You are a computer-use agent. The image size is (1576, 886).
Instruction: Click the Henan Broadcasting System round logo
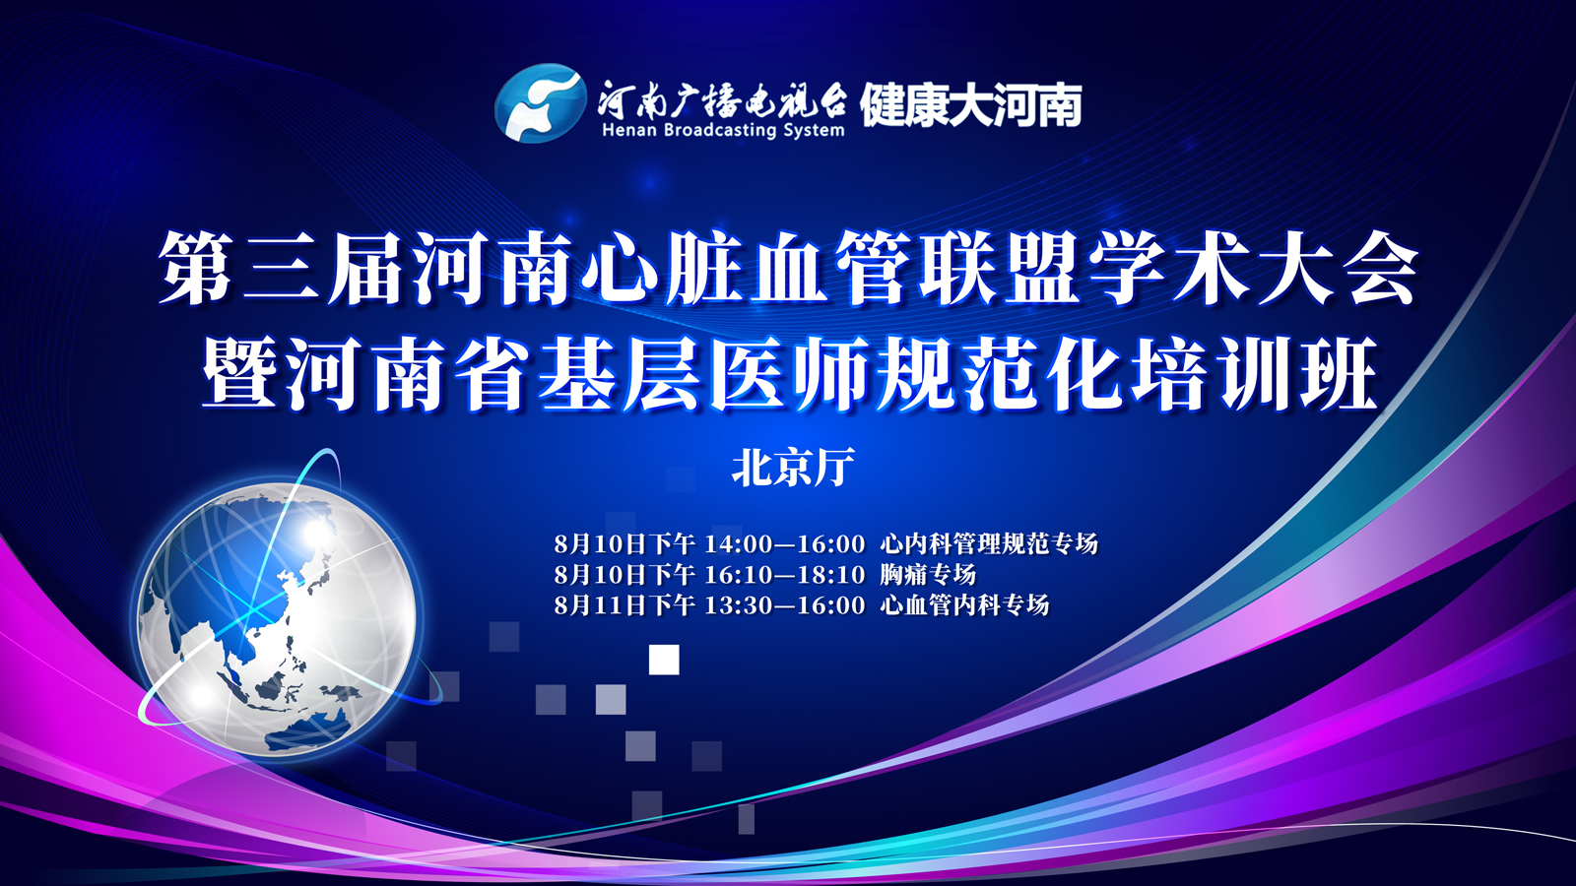pyautogui.click(x=541, y=103)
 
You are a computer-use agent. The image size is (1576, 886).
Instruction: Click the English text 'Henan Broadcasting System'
pyautogui.click(x=723, y=130)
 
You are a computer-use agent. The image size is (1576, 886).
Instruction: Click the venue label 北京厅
pyautogui.click(x=793, y=467)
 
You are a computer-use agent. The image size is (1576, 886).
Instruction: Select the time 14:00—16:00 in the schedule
pyautogui.click(x=784, y=543)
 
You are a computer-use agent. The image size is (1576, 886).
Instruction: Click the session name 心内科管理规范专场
pyautogui.click(x=989, y=543)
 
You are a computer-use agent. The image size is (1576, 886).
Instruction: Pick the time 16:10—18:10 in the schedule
pyautogui.click(x=784, y=575)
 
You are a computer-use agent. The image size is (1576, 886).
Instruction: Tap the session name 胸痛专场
pyautogui.click(x=928, y=575)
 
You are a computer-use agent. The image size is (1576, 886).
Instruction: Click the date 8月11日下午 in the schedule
pyautogui.click(x=624, y=604)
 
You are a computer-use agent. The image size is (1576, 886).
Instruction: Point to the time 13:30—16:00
pyautogui.click(x=784, y=604)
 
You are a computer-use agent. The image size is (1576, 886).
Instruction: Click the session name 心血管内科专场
pyautogui.click(x=964, y=604)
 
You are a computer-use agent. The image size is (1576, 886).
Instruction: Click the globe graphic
pyautogui.click(x=277, y=619)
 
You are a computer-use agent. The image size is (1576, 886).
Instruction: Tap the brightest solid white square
pyautogui.click(x=664, y=660)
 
